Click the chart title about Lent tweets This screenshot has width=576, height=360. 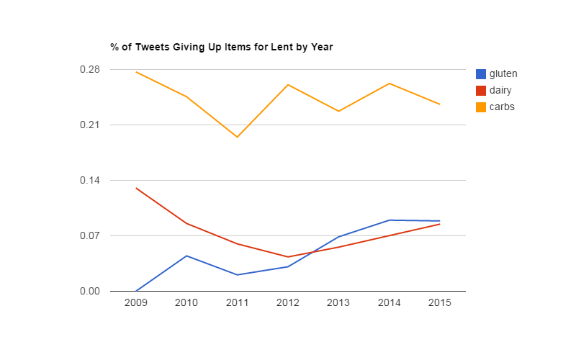pos(221,48)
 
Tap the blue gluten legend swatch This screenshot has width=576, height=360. pos(481,73)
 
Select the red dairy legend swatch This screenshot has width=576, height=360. pos(481,90)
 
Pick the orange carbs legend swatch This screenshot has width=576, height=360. pos(481,107)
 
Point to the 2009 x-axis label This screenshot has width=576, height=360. pos(136,303)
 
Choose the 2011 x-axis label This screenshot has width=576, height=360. pos(237,303)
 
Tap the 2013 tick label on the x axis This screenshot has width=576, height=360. pos(338,303)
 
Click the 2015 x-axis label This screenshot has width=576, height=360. pos(439,303)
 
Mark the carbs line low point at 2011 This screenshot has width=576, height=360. pos(237,137)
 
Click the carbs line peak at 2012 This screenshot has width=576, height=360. pos(288,84)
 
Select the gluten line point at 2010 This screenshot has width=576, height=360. pos(186,256)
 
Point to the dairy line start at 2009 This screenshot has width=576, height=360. pos(136,188)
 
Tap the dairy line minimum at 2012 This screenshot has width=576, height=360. pos(288,257)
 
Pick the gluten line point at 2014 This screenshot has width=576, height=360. pos(389,220)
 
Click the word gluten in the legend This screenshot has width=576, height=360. pos(503,73)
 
